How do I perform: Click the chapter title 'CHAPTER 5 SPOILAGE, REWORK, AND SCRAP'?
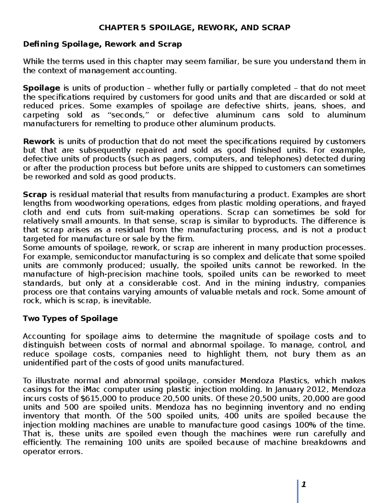(x=194, y=28)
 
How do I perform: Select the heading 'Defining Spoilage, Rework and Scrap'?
(x=102, y=44)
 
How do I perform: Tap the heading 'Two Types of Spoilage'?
(x=70, y=318)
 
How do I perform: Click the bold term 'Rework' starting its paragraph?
(x=39, y=142)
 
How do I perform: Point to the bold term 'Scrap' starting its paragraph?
(x=35, y=195)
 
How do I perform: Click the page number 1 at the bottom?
(x=304, y=485)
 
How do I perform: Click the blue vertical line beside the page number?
(x=298, y=491)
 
